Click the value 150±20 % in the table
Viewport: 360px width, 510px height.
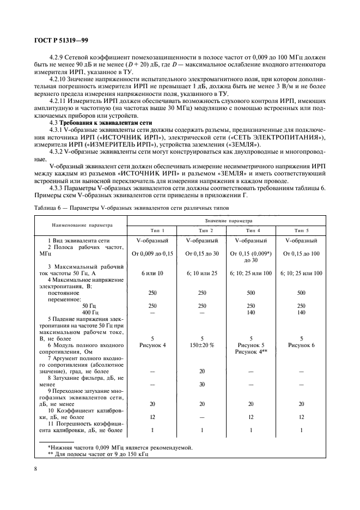[202, 345]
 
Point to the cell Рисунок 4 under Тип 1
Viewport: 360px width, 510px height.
[152, 345]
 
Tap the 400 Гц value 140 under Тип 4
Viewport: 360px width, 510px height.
[251, 313]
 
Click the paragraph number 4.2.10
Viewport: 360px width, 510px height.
[61, 79]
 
